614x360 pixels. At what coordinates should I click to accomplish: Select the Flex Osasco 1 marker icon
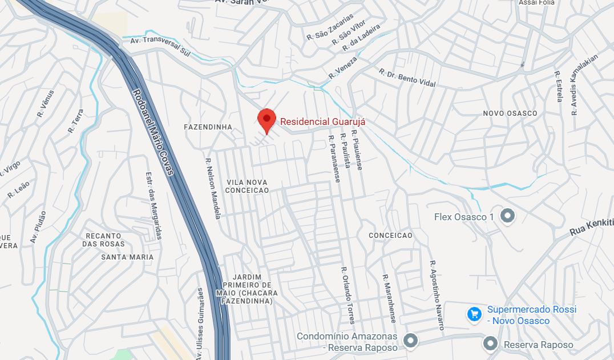click(x=507, y=216)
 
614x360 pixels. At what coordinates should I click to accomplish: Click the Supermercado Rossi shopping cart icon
click(x=473, y=314)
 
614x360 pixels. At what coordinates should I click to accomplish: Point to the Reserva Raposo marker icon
click(x=490, y=344)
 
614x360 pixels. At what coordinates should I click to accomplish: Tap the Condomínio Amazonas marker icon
click(x=410, y=341)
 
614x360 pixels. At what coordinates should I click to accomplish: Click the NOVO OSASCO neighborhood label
click(x=510, y=113)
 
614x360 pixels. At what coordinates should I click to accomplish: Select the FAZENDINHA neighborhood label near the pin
click(x=208, y=127)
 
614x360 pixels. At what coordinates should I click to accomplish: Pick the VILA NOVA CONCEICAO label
click(x=248, y=186)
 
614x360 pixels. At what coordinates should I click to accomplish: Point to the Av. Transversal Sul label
click(x=160, y=47)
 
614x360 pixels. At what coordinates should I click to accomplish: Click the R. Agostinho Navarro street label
click(x=437, y=296)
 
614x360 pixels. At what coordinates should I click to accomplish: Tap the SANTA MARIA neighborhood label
click(x=127, y=257)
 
